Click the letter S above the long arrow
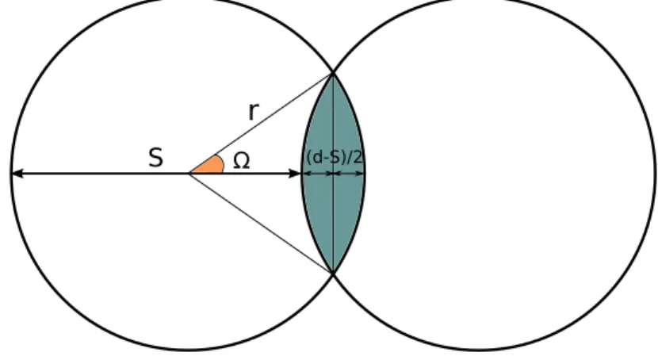tap(155, 158)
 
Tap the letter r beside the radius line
tap(254, 111)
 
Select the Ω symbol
tap(241, 161)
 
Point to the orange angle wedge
tap(210, 165)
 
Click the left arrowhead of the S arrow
tap(17, 174)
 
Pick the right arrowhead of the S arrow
tap(295, 174)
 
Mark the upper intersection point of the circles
tap(333, 74)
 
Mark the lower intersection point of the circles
tap(333, 273)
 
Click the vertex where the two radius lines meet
tap(190, 174)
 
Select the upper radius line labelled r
tap(262, 124)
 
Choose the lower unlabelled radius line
tap(262, 224)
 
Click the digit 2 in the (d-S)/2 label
tap(356, 157)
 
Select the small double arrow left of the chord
tap(317, 174)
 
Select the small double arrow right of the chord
tap(348, 174)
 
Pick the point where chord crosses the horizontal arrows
tap(333, 174)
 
